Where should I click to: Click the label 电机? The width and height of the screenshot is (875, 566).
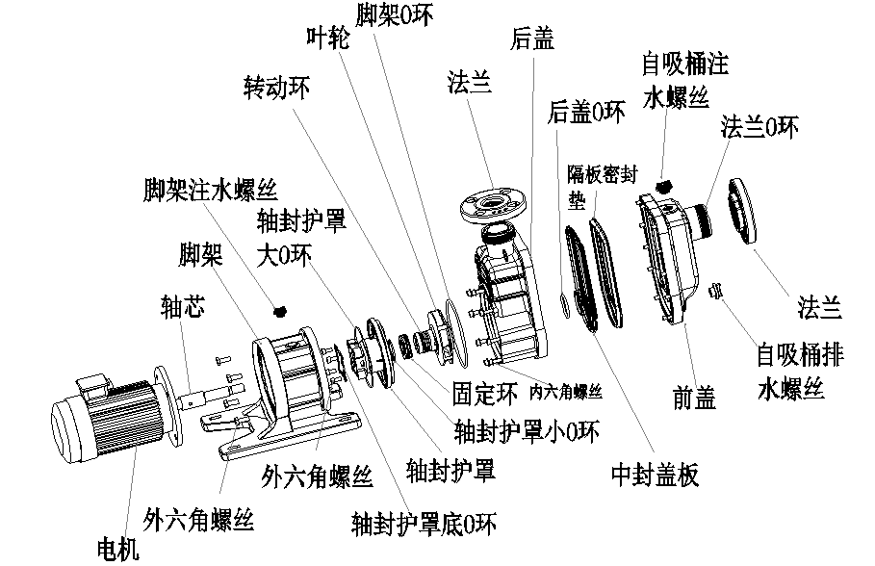pyautogui.click(x=119, y=549)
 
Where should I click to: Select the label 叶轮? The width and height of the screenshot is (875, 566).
pyautogui.click(x=327, y=38)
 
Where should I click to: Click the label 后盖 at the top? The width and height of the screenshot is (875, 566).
pyautogui.click(x=532, y=38)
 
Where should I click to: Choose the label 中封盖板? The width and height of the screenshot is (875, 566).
pyautogui.click(x=655, y=474)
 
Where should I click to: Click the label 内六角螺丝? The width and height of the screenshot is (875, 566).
pyautogui.click(x=567, y=392)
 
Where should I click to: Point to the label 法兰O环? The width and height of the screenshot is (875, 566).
pyautogui.click(x=759, y=128)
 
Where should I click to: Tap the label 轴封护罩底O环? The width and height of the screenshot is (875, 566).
pyautogui.click(x=424, y=525)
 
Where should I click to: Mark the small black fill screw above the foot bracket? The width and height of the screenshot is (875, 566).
pyautogui.click(x=281, y=310)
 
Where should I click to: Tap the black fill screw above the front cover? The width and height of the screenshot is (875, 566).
pyautogui.click(x=663, y=184)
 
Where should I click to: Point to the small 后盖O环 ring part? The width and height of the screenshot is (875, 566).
pyautogui.click(x=565, y=306)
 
